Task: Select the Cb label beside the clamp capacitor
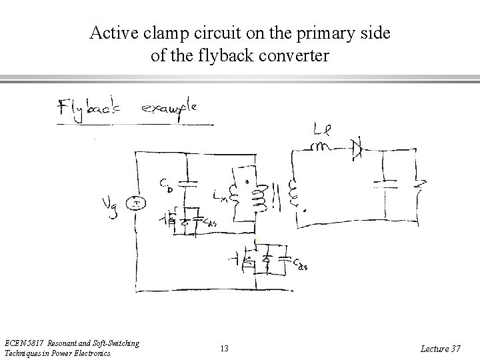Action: tap(167, 184)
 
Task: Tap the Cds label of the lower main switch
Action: tap(299, 266)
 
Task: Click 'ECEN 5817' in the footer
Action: tap(28, 343)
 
